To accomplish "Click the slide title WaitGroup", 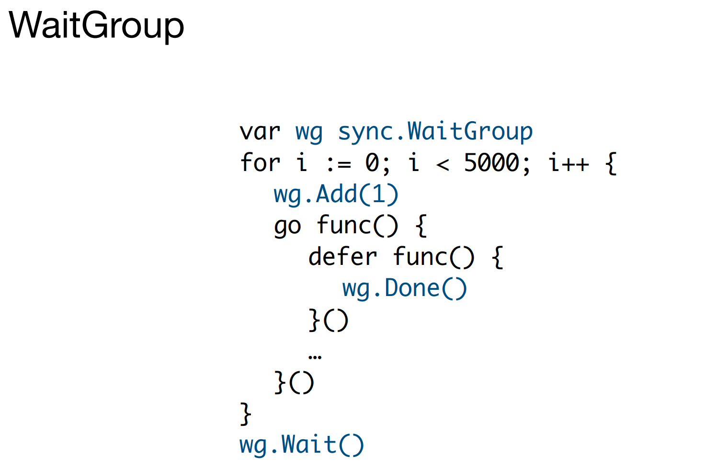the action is pyautogui.click(x=96, y=25).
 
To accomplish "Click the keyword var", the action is pyautogui.click(x=260, y=131).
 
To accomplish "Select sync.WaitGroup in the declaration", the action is pyautogui.click(x=435, y=131).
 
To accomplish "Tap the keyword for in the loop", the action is pyautogui.click(x=260, y=162).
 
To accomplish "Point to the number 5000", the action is pyautogui.click(x=492, y=163).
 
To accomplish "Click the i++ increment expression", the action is pyautogui.click(x=569, y=163).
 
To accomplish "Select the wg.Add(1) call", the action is pyautogui.click(x=336, y=194).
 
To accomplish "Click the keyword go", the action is pyautogui.click(x=287, y=226).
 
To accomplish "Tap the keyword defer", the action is pyautogui.click(x=342, y=257).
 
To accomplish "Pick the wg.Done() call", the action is pyautogui.click(x=404, y=288).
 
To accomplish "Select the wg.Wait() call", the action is pyautogui.click(x=301, y=445).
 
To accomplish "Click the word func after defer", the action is pyautogui.click(x=420, y=257).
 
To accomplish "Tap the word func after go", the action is pyautogui.click(x=343, y=226).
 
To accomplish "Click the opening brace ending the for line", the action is pyautogui.click(x=611, y=163).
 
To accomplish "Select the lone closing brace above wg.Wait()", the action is pyautogui.click(x=245, y=413).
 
